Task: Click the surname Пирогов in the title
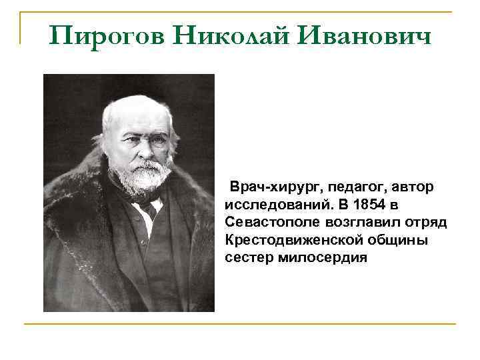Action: click(107, 36)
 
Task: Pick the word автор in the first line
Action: click(413, 187)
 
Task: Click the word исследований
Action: click(279, 205)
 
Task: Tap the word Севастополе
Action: click(272, 222)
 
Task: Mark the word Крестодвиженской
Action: click(293, 240)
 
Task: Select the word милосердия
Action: click(323, 258)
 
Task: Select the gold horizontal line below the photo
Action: click(240, 323)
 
